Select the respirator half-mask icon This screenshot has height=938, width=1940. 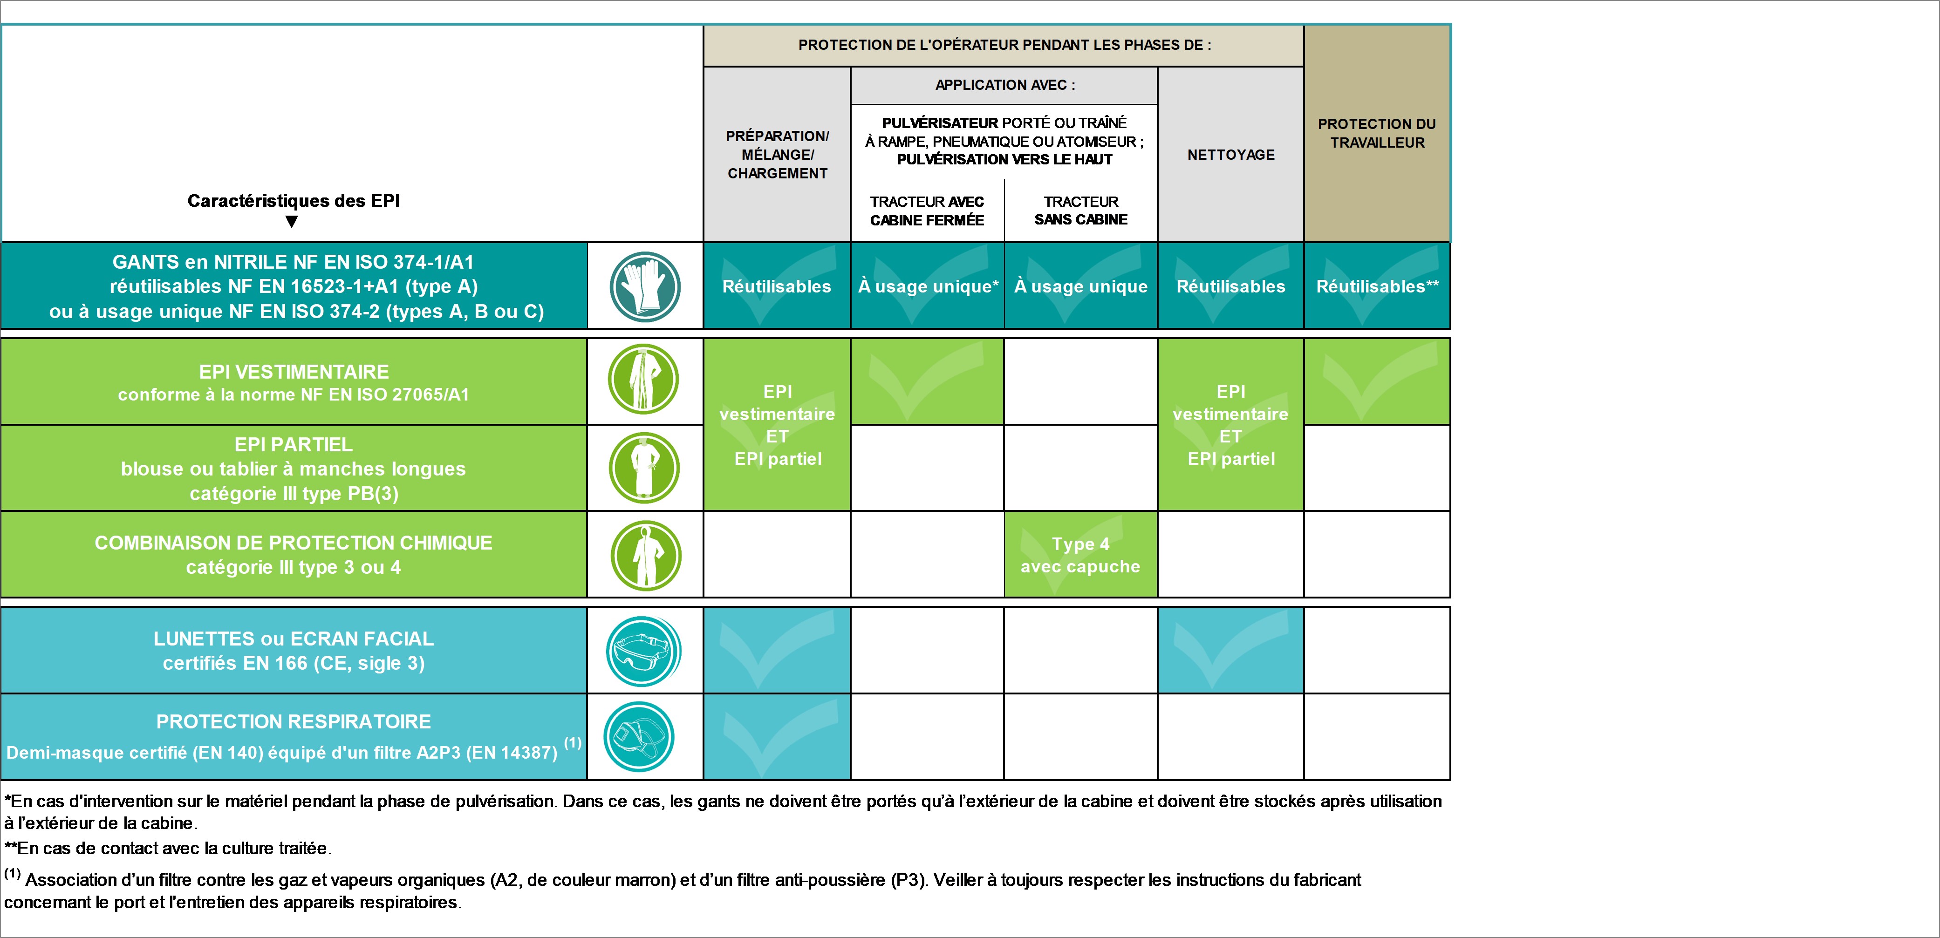[639, 736]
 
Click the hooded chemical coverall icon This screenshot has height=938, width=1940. [645, 556]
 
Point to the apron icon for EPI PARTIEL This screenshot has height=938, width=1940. [644, 468]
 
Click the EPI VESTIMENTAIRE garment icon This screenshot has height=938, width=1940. [643, 379]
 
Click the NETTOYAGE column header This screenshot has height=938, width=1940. [1230, 154]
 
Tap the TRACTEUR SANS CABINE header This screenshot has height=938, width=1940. [1081, 211]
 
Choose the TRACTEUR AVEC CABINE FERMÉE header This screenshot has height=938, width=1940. [927, 211]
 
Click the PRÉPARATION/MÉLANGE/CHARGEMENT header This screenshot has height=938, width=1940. [777, 154]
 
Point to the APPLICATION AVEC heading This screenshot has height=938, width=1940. [1004, 85]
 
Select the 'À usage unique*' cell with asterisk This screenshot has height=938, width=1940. [928, 286]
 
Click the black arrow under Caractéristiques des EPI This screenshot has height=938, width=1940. [292, 222]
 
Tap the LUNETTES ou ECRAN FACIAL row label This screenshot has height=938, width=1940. [294, 651]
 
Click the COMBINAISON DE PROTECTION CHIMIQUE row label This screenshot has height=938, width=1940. [294, 555]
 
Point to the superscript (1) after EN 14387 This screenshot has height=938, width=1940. [573, 742]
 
